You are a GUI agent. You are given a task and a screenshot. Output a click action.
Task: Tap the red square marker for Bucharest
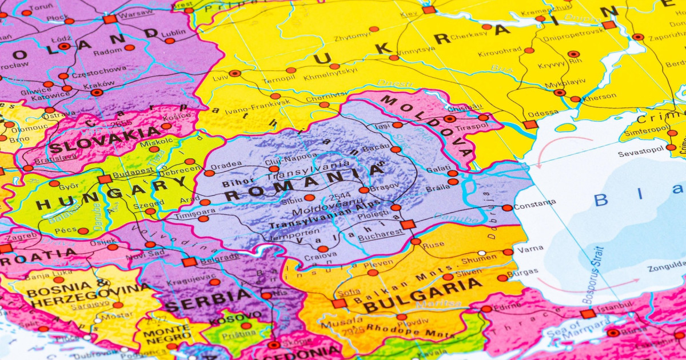[x=408, y=225]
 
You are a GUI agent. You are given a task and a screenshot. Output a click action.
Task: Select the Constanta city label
[x=535, y=203]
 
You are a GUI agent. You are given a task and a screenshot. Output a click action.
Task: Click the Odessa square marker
[x=530, y=125]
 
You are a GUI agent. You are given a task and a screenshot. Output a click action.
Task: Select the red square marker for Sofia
[x=339, y=303]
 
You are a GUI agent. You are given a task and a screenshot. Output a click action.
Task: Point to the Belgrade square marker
[x=189, y=262]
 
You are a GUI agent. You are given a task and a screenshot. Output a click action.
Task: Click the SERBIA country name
[x=208, y=300]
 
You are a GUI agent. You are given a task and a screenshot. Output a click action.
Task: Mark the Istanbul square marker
[x=588, y=314]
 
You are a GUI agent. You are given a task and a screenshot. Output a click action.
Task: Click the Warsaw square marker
[x=110, y=19]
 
